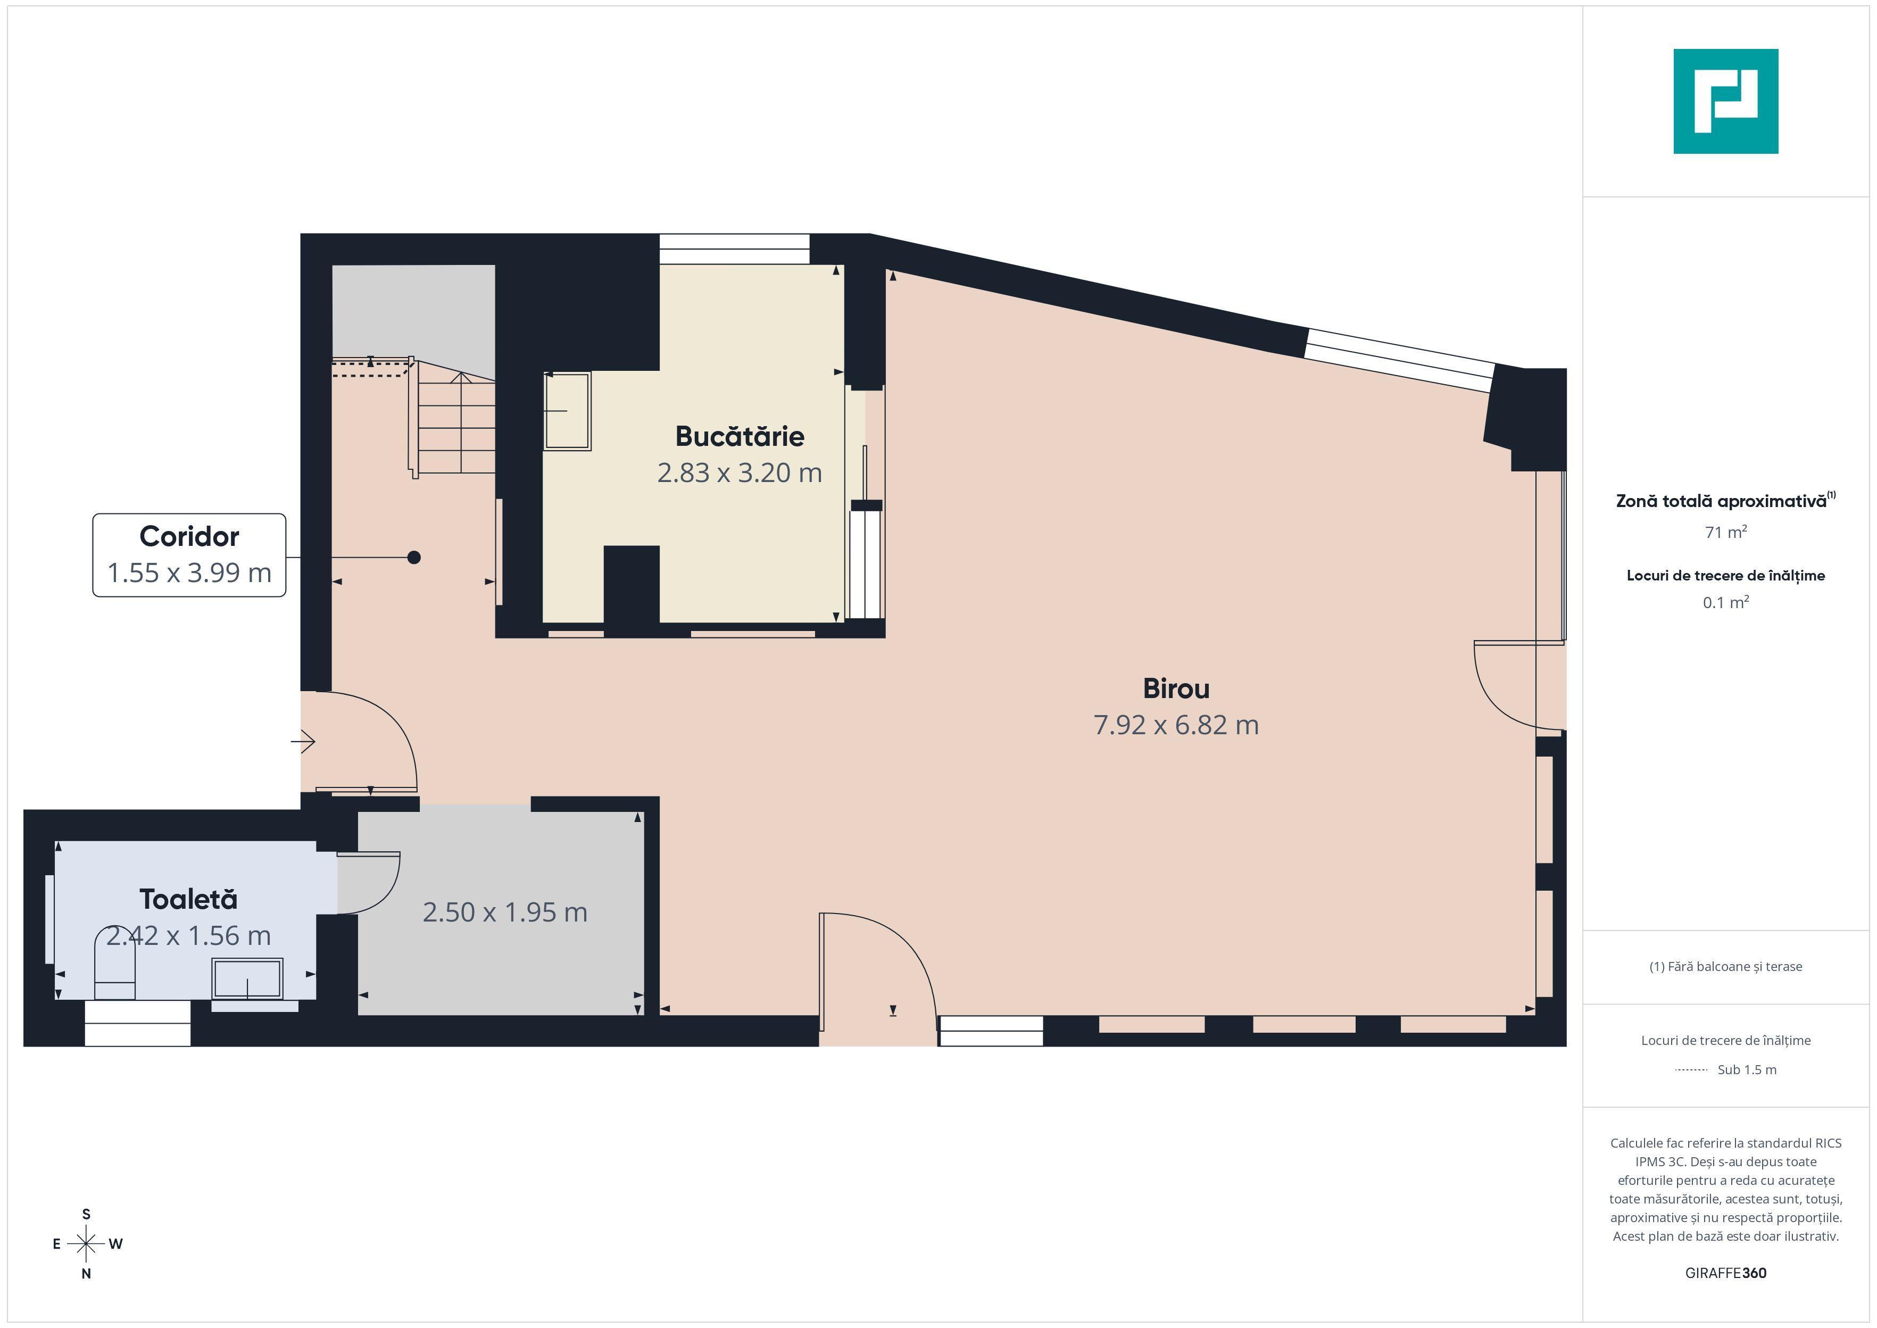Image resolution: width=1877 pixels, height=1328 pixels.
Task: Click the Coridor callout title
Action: click(189, 536)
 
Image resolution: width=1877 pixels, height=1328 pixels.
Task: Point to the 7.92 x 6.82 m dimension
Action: click(1176, 725)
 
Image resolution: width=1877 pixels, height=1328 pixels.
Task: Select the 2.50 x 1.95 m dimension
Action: click(504, 912)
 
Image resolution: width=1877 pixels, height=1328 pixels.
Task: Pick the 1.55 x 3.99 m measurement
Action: click(189, 572)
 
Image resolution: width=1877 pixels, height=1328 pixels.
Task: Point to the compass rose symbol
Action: click(86, 1244)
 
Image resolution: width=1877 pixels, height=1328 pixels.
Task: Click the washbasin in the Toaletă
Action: click(247, 978)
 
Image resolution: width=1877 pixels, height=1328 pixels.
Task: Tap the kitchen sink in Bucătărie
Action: click(567, 411)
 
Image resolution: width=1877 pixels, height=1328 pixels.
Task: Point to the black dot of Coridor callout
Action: click(414, 558)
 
